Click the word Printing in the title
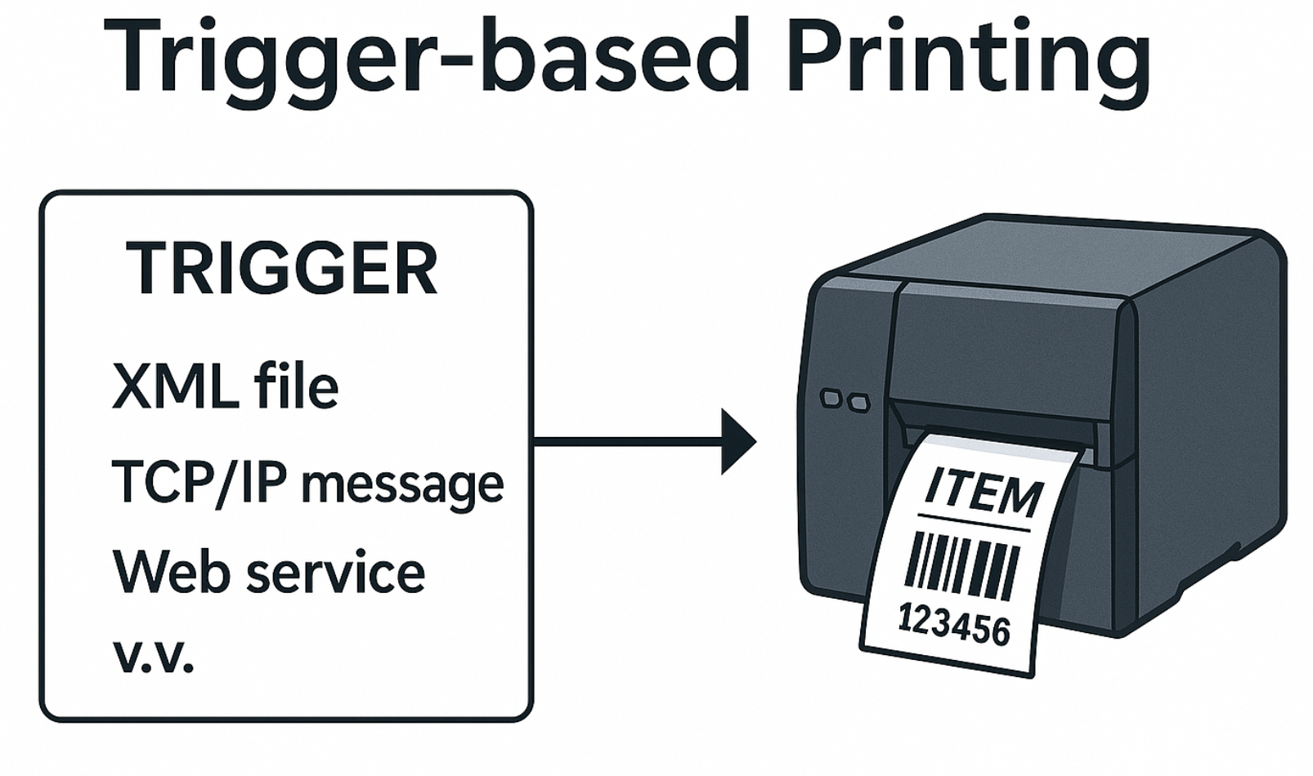pos(969,59)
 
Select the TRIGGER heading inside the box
pos(282,269)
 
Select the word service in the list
pos(335,573)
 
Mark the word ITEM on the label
pos(984,492)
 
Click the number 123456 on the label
pos(954,626)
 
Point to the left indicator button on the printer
pos(831,399)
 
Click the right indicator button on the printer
pos(858,403)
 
